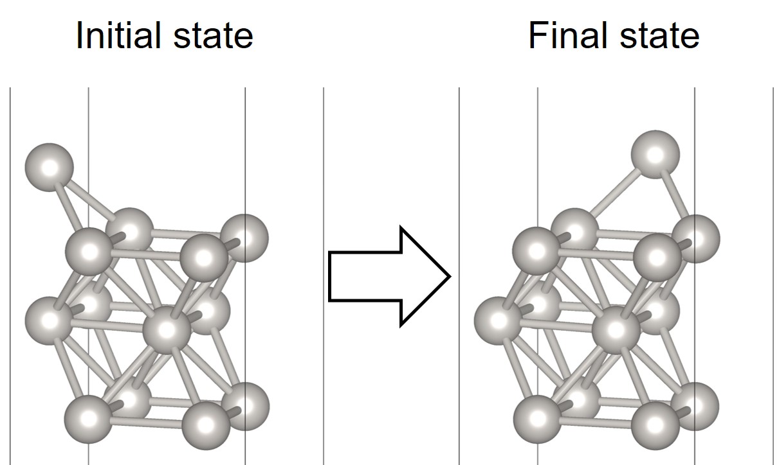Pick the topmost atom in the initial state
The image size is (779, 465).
click(x=50, y=167)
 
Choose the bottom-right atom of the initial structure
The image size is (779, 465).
click(x=245, y=406)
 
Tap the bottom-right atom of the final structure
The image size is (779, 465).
click(x=695, y=406)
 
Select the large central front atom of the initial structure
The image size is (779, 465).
click(x=167, y=330)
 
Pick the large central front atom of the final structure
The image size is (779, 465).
click(x=616, y=330)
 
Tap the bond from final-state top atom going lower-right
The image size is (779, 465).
click(x=676, y=195)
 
